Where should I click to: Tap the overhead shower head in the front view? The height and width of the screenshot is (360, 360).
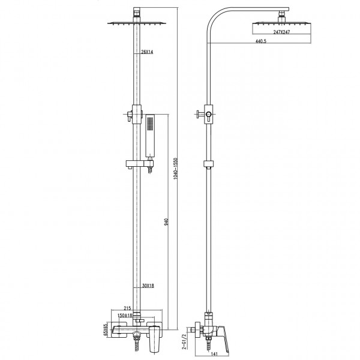click(136, 22)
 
